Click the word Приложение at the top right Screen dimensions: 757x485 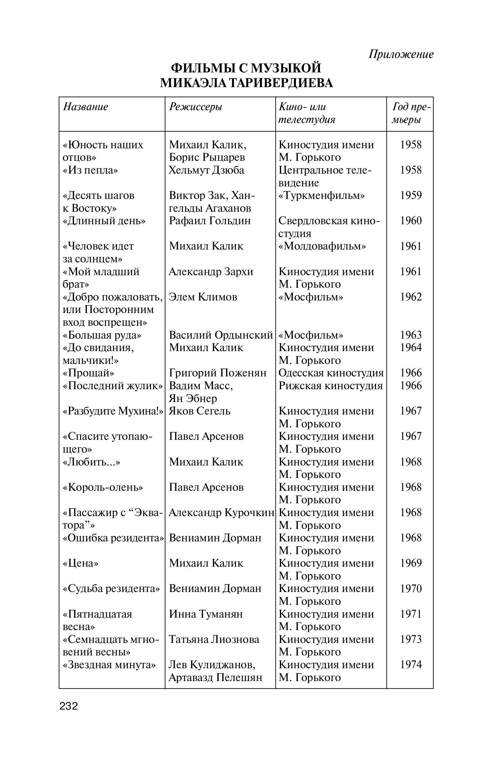coord(401,54)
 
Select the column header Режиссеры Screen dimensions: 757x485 coord(195,107)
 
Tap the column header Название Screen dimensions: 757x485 coord(86,107)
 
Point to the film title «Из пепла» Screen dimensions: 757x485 coord(90,170)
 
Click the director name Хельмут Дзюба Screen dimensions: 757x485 coord(206,170)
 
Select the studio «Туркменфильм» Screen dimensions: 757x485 coord(322,195)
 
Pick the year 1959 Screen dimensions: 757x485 coord(411,195)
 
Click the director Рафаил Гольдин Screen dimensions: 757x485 coord(210,220)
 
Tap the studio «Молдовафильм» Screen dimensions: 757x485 coord(322,246)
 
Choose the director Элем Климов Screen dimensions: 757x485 coord(203,297)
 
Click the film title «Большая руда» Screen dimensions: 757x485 coord(102,335)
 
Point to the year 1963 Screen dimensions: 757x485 coord(411,335)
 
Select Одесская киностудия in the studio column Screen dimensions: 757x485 coord(331,373)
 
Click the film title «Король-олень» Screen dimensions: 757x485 coord(103,487)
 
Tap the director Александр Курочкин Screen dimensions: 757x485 coord(221,513)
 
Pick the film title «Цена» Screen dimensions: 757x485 coord(80,563)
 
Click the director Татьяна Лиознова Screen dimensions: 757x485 coord(214,639)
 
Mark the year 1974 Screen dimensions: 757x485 coord(411,665)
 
